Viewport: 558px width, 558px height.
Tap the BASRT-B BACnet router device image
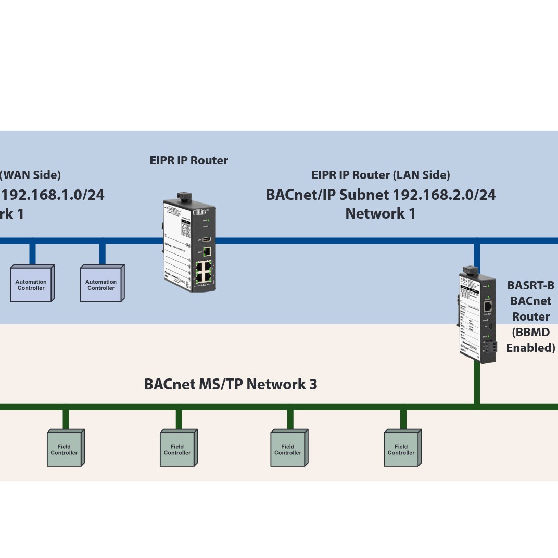476,315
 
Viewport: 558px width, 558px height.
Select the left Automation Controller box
31,284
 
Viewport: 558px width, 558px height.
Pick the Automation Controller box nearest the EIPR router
101,284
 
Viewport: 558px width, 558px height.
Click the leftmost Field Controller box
65,449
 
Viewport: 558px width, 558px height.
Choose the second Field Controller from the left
177,449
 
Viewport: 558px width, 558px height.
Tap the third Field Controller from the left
288,449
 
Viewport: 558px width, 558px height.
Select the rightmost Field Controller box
401,449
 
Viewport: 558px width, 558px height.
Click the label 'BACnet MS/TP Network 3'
230,384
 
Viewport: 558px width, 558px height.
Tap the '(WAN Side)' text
30,175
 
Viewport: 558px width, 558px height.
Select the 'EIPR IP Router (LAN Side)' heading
381,175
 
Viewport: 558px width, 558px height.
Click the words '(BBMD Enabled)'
530,340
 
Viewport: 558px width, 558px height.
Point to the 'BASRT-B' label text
530,285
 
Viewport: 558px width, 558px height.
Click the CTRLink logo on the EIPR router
198,212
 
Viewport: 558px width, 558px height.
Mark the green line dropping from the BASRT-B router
476,383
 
